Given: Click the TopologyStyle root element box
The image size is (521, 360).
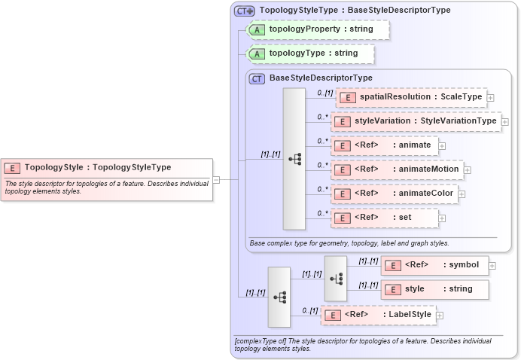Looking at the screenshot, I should (x=105, y=167).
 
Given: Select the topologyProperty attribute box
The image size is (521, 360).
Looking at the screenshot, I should (x=318, y=30).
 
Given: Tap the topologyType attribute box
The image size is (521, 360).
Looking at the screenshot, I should (x=311, y=53).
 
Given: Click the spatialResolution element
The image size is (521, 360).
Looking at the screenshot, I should (x=410, y=97).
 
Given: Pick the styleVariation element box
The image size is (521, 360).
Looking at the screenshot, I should (x=416, y=121).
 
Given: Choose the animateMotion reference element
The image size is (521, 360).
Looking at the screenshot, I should (x=397, y=169).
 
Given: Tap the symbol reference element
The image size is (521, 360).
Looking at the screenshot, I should (x=435, y=264).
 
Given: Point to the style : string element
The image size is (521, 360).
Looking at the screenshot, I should (x=435, y=288).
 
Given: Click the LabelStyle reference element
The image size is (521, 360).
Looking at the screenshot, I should (x=378, y=315).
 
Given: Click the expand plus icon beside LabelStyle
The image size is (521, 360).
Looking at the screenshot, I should (x=440, y=316).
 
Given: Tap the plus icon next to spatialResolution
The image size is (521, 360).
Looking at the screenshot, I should (x=490, y=97).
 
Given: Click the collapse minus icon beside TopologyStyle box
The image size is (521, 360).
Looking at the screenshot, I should (x=216, y=179).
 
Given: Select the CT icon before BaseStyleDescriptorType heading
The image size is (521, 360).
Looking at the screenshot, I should (x=257, y=78).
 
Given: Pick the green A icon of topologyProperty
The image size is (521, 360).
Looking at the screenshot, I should (x=257, y=30).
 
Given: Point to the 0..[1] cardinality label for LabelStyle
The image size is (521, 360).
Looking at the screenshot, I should (x=309, y=310).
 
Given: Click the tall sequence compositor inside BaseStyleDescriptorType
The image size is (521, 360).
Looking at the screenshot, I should (x=294, y=158).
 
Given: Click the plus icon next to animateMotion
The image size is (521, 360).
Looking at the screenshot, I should (x=468, y=170).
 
